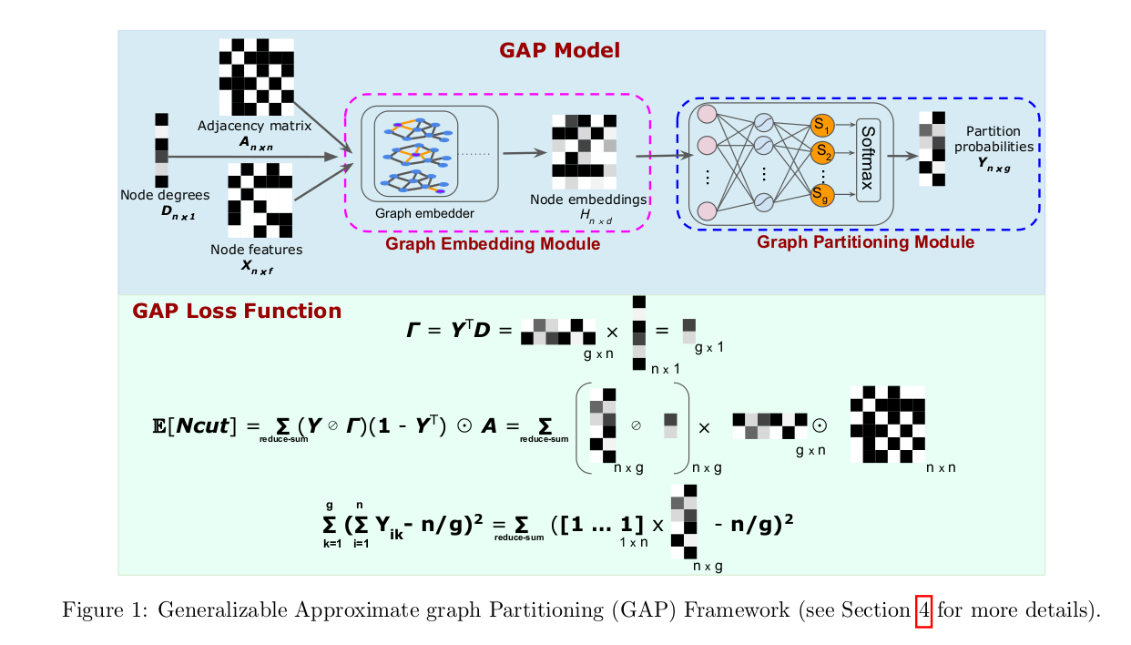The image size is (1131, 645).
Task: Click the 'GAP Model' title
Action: tap(559, 50)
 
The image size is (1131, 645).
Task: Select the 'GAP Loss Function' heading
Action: tap(237, 312)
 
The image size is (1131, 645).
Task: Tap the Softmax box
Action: tap(868, 159)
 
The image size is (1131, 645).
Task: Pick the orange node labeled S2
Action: tap(822, 151)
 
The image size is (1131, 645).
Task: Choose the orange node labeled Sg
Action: tap(822, 192)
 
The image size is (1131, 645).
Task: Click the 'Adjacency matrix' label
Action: tap(255, 126)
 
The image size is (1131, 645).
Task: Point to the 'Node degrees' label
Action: tap(165, 195)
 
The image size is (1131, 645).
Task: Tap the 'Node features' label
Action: tap(257, 249)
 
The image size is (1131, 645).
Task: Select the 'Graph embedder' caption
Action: tap(424, 214)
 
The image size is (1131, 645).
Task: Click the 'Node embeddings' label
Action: tap(588, 199)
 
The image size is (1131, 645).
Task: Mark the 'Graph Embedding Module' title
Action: tap(493, 244)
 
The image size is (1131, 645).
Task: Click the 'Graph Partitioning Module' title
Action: tap(865, 242)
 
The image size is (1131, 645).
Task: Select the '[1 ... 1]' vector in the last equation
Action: tap(592, 525)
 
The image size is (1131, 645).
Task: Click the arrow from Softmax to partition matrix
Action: tap(901, 156)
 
